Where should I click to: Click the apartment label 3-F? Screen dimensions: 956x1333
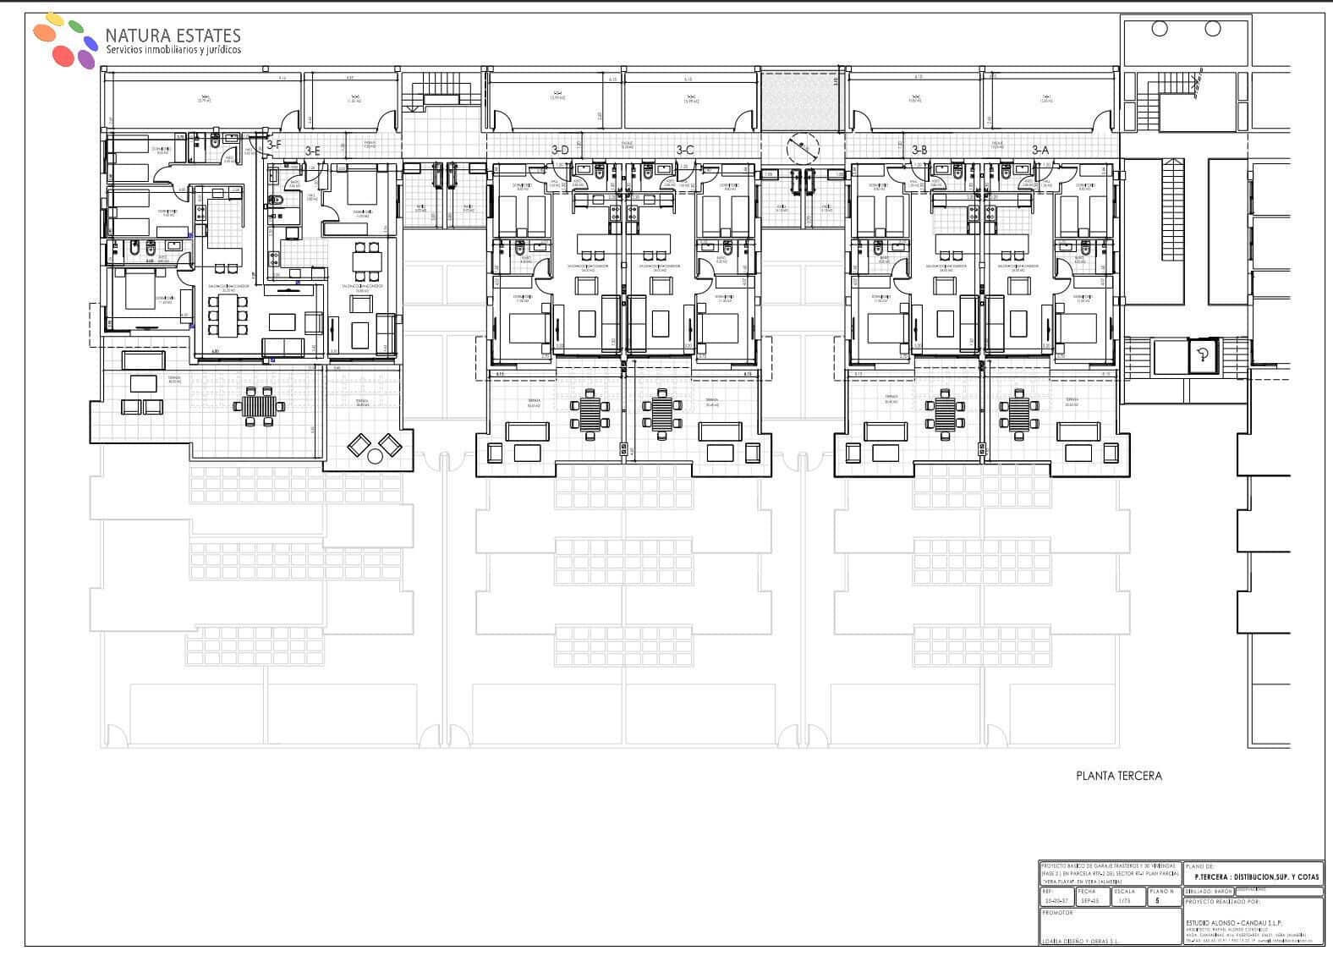(273, 146)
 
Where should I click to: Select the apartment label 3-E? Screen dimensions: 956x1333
(312, 151)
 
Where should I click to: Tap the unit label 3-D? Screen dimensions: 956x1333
(560, 151)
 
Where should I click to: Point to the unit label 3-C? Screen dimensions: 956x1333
(684, 151)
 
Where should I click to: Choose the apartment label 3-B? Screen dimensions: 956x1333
(919, 151)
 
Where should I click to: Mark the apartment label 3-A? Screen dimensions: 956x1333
(1040, 151)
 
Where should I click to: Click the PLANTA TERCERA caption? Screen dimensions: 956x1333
(1118, 775)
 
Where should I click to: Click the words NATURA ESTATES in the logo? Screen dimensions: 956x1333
(173, 36)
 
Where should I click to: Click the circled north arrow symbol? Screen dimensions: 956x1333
(803, 150)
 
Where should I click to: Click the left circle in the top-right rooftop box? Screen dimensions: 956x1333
(1160, 29)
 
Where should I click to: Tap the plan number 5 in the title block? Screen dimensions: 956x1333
(1156, 901)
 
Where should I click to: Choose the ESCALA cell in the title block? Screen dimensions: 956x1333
(1124, 896)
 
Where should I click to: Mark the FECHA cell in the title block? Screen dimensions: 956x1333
(1089, 896)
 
